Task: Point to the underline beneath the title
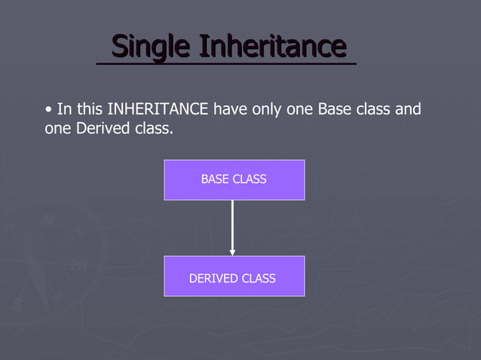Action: pos(226,64)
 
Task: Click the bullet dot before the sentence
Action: pos(49,110)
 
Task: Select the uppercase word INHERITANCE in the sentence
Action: pos(158,110)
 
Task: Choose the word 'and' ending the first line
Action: pos(408,110)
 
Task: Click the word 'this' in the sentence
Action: pos(90,110)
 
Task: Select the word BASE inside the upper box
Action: pos(215,179)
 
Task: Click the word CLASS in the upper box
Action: pos(250,179)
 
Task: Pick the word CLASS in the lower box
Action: pos(259,279)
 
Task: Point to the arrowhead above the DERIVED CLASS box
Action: pos(233,252)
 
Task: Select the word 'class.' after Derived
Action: pos(153,129)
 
